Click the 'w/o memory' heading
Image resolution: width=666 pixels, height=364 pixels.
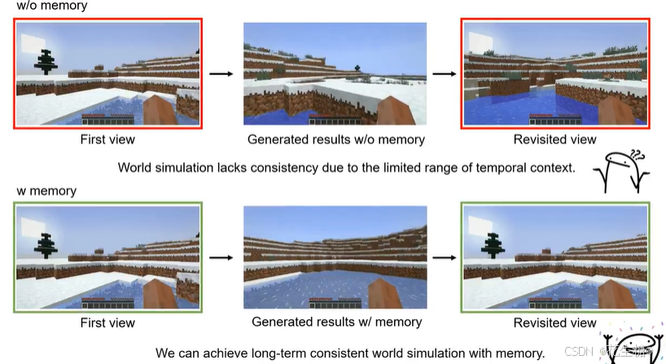point(51,6)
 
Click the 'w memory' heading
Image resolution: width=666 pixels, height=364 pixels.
point(46,191)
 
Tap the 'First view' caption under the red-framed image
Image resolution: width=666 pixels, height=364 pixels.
point(107,139)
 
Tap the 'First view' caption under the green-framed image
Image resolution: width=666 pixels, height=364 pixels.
point(107,323)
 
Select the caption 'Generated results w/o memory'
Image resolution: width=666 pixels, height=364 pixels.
point(335,139)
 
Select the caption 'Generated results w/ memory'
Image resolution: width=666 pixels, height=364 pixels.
point(336,322)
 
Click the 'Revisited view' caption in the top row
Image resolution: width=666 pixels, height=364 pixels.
point(554,139)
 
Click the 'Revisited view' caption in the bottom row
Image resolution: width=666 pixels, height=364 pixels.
point(554,323)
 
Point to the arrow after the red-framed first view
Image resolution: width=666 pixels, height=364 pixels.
point(221,74)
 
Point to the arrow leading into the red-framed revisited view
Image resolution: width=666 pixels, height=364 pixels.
point(443,74)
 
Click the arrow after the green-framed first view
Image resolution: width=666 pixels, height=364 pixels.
point(221,257)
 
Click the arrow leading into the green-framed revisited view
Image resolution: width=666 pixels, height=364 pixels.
point(443,257)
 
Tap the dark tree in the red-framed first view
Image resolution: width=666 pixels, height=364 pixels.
point(46,60)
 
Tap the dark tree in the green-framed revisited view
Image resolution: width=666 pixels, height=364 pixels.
point(493,243)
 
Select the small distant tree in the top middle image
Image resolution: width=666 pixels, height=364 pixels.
point(357,67)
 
